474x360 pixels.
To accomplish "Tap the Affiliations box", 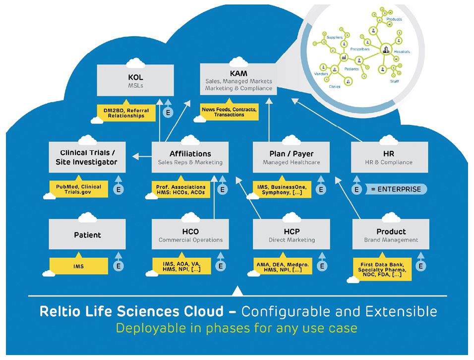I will tap(190, 157).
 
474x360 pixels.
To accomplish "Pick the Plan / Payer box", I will tap(291, 157).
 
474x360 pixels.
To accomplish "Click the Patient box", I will tap(87, 235).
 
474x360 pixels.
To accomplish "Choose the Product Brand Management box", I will tap(391, 235).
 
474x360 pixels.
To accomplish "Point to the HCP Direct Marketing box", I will tap(291, 235).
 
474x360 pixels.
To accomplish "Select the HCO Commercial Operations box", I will tap(190, 235).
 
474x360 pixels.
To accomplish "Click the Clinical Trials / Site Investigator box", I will tap(87, 157).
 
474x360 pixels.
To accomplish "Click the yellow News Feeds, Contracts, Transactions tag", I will tap(229, 112).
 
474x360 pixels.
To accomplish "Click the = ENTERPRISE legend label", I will tap(396, 189).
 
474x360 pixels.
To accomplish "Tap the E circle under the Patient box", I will tap(118, 266).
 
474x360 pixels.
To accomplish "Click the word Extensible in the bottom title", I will tap(402, 312).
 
